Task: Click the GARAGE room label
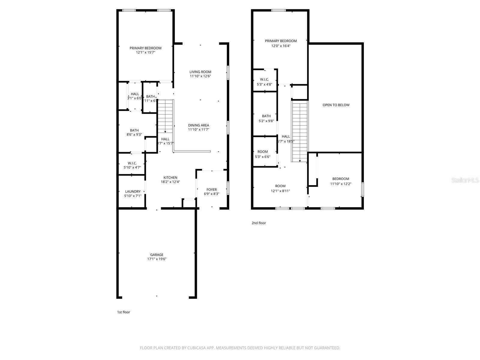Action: pos(157,255)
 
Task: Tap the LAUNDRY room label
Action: pos(133,191)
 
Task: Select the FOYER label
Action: pos(211,190)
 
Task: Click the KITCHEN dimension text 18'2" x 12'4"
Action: pos(170,182)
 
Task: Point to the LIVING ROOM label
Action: pos(200,72)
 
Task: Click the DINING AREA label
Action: pos(198,125)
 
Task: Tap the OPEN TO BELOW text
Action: pos(336,105)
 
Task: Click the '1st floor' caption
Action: pos(124,312)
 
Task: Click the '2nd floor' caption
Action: pos(259,223)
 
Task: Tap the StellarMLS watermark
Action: pos(465,180)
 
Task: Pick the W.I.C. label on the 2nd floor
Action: pos(264,79)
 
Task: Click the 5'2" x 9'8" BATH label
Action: pos(266,118)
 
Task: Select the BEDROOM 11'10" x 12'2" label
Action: pos(340,181)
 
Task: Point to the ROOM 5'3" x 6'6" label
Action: pos(262,154)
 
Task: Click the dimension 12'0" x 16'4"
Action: pos(281,46)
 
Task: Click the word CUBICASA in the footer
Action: pos(196,348)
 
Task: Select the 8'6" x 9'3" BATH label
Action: pos(134,133)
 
